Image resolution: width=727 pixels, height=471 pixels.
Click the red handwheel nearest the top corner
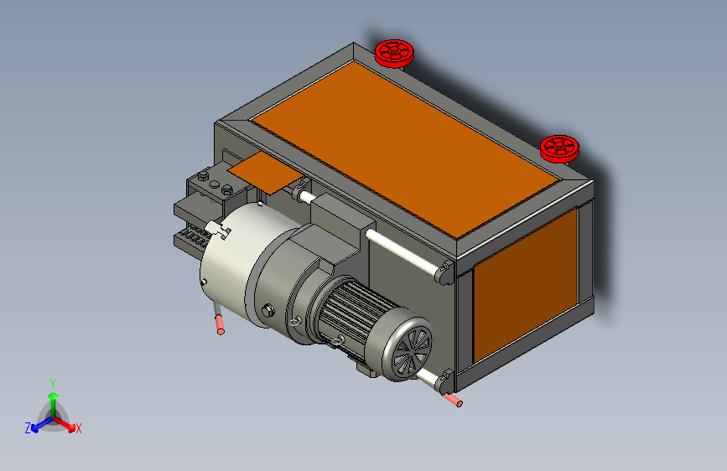(x=394, y=54)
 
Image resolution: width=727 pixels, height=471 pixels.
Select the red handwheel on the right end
(x=559, y=148)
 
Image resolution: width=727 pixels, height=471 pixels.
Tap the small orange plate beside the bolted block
(x=266, y=173)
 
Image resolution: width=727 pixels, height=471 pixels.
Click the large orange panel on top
(x=404, y=149)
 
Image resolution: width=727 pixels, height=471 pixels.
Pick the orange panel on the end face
(x=525, y=285)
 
